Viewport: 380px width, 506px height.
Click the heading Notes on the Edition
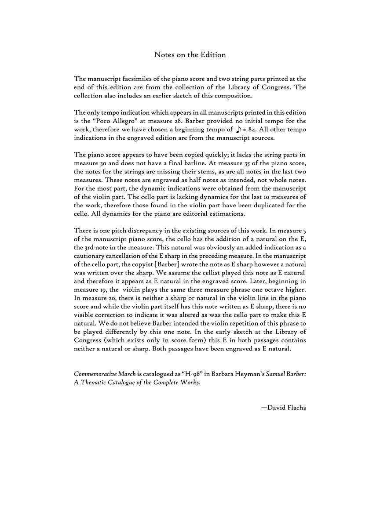coord(190,55)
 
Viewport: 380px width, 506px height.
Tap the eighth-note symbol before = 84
coord(238,129)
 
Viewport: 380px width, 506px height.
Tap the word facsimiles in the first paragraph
coord(136,79)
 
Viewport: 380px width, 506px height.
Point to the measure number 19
coord(106,290)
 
